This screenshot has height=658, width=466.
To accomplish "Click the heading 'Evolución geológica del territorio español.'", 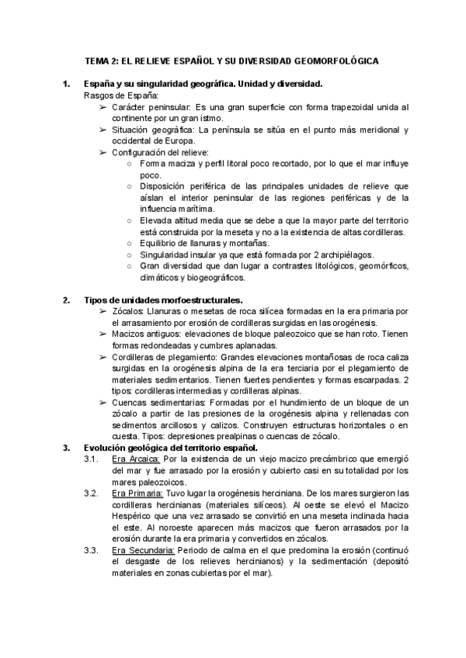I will pos(170,448).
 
